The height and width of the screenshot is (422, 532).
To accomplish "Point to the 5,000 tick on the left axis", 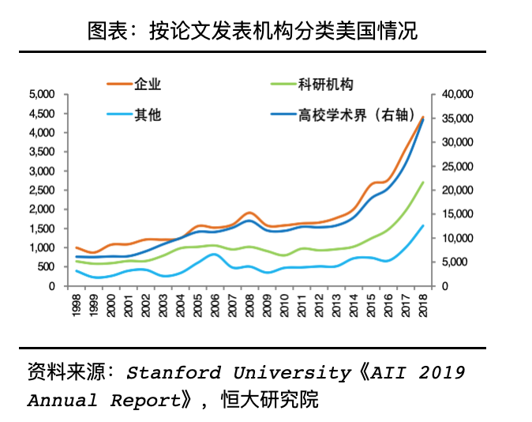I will pyautogui.click(x=41, y=94).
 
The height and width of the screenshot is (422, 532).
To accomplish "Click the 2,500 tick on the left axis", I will pyautogui.click(x=41, y=190).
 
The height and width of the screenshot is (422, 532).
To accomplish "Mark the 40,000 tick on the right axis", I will pyautogui.click(x=457, y=94).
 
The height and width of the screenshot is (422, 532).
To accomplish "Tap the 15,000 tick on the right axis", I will pyautogui.click(x=457, y=214).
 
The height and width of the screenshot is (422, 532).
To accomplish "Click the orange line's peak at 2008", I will pyautogui.click(x=249, y=213).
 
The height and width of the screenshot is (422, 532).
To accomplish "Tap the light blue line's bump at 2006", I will pyautogui.click(x=215, y=254).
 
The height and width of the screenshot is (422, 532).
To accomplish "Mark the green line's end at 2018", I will pyautogui.click(x=423, y=183).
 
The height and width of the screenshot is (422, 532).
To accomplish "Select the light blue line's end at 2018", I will pyautogui.click(x=423, y=226).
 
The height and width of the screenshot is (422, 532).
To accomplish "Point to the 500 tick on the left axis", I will pyautogui.click(x=46, y=267).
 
